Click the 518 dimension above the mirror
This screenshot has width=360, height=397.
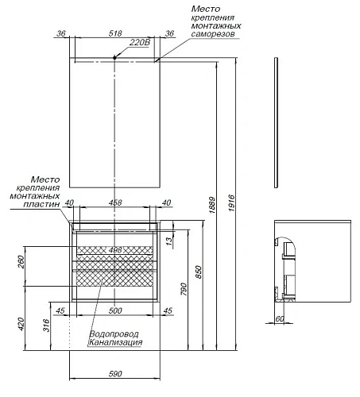click(115, 33)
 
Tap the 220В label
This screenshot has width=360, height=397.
click(140, 42)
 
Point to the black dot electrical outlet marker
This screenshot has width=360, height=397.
click(114, 57)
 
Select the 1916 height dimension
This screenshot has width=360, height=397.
click(232, 203)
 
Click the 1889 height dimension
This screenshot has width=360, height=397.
click(212, 205)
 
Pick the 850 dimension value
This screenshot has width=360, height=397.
click(199, 272)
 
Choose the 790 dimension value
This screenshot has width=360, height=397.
click(184, 289)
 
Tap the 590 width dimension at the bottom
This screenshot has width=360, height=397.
click(115, 374)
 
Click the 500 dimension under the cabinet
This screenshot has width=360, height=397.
click(115, 310)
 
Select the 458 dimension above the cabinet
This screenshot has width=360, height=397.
click(115, 202)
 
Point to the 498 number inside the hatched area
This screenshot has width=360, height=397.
click(115, 250)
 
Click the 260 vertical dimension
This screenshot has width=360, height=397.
click(21, 262)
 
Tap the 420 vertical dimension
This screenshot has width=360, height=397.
click(21, 324)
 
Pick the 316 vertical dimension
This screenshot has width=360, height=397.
click(46, 326)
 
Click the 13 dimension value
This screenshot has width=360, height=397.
click(169, 240)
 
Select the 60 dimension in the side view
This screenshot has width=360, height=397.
click(280, 318)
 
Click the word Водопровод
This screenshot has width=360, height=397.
click(114, 334)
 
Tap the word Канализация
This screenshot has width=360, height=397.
click(115, 342)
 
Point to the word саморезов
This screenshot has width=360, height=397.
click(213, 34)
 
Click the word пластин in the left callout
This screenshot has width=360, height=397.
click(41, 204)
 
